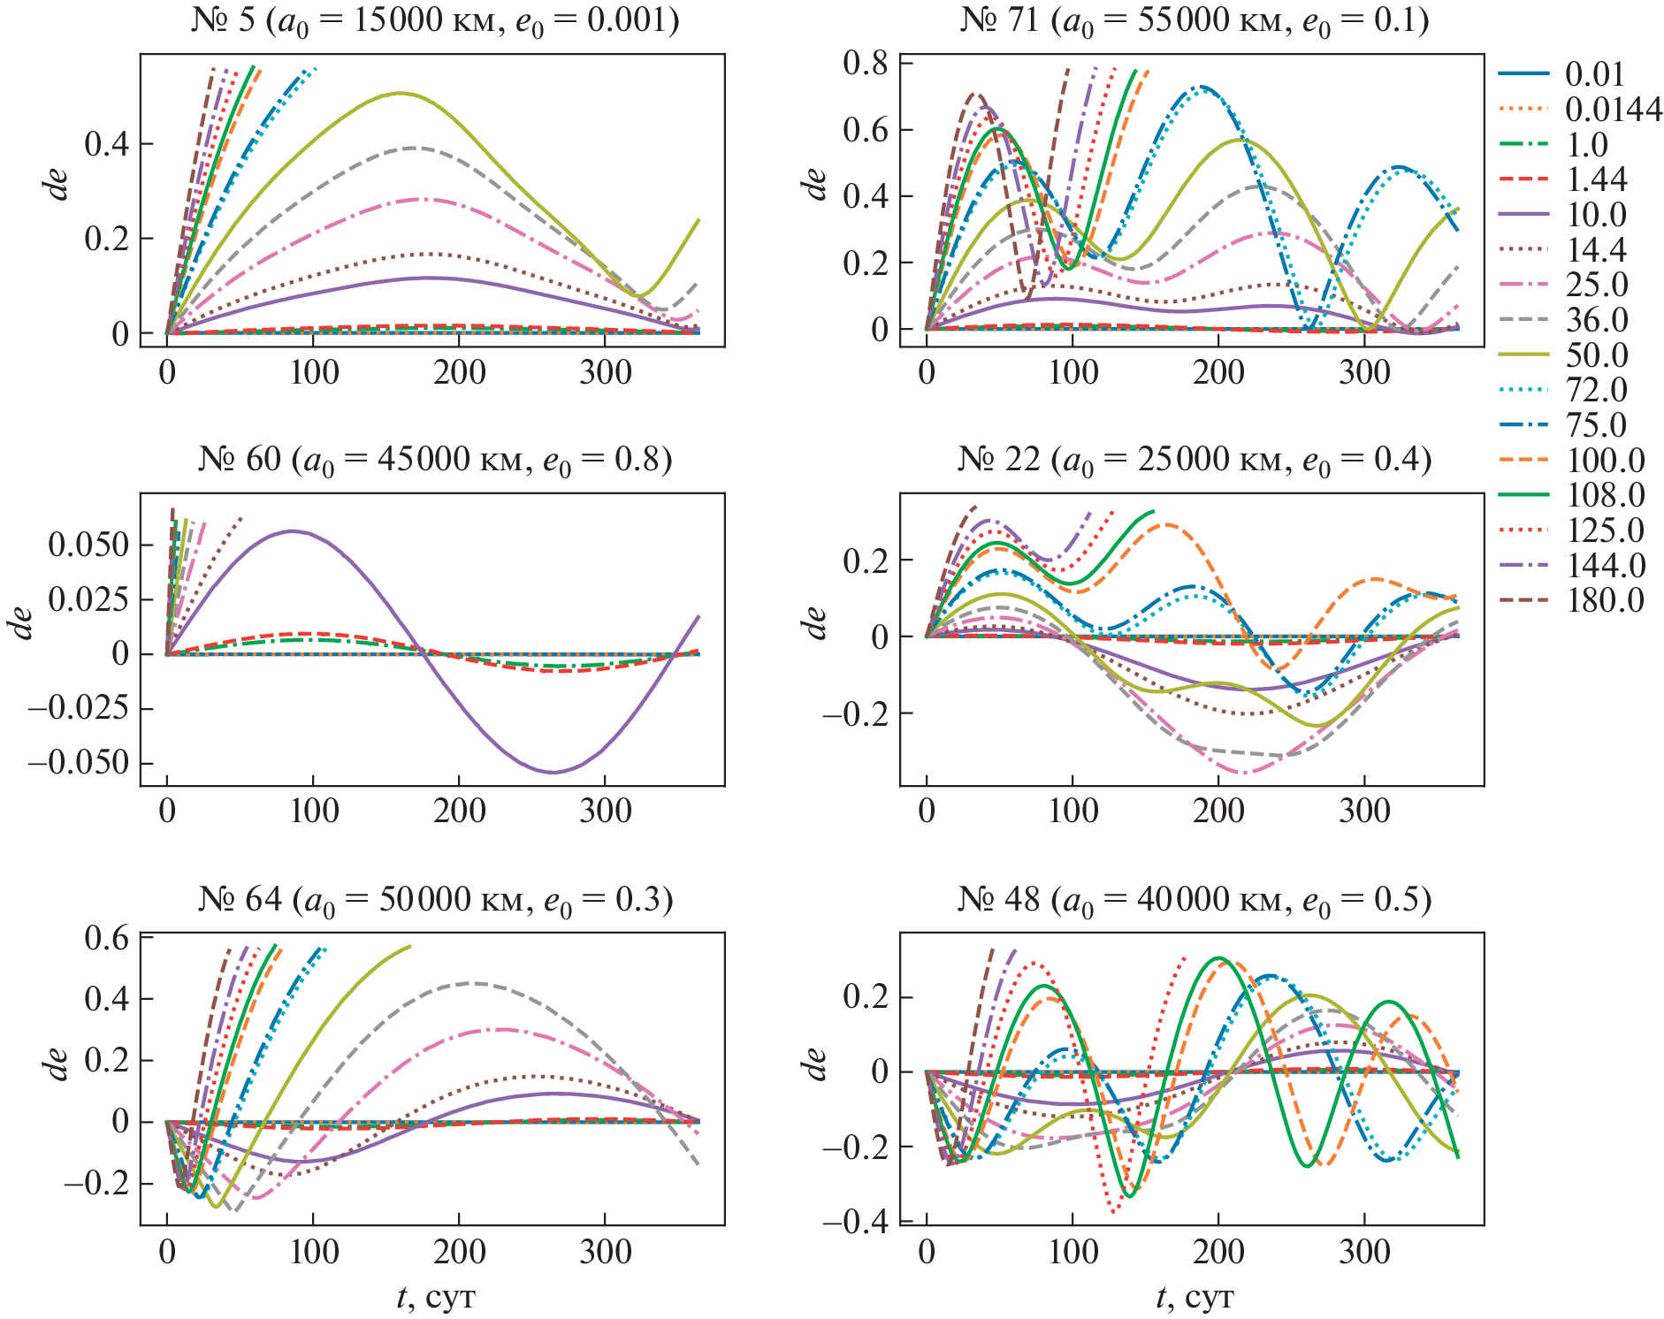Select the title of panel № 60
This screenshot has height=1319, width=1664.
tap(434, 460)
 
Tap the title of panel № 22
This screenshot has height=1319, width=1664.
tap(1194, 460)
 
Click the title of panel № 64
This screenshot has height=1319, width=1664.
tap(434, 899)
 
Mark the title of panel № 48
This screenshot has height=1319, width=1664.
tap(1194, 899)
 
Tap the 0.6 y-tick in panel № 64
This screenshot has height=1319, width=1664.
tap(106, 938)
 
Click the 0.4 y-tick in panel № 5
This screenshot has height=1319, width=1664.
tap(106, 144)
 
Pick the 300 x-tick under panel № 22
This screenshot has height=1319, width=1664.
tap(1364, 812)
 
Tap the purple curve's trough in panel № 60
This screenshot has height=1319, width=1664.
tap(553, 772)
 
